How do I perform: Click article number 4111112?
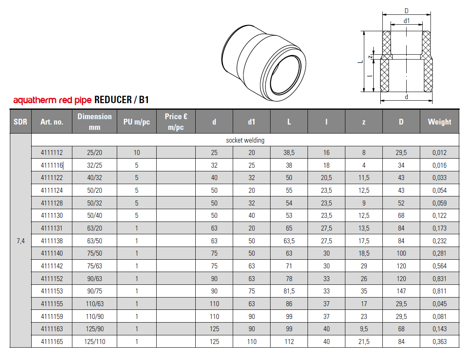click(x=52, y=152)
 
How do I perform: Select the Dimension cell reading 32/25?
click(x=95, y=165)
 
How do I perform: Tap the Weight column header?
click(x=439, y=122)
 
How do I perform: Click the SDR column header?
click(x=21, y=122)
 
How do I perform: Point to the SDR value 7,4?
click(x=21, y=241)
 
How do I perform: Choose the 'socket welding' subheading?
click(x=245, y=140)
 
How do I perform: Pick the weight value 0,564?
click(x=439, y=266)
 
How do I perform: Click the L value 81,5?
click(x=289, y=291)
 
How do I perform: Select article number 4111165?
click(x=52, y=342)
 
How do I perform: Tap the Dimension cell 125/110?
click(x=95, y=342)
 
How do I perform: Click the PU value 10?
click(x=137, y=152)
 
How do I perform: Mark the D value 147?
click(x=401, y=291)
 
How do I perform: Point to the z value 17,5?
click(x=363, y=241)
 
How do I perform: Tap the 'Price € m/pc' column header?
click(x=176, y=122)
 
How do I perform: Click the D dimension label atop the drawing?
click(x=406, y=11)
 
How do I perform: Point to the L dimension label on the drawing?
click(x=359, y=62)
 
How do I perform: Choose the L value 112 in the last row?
click(x=289, y=342)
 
